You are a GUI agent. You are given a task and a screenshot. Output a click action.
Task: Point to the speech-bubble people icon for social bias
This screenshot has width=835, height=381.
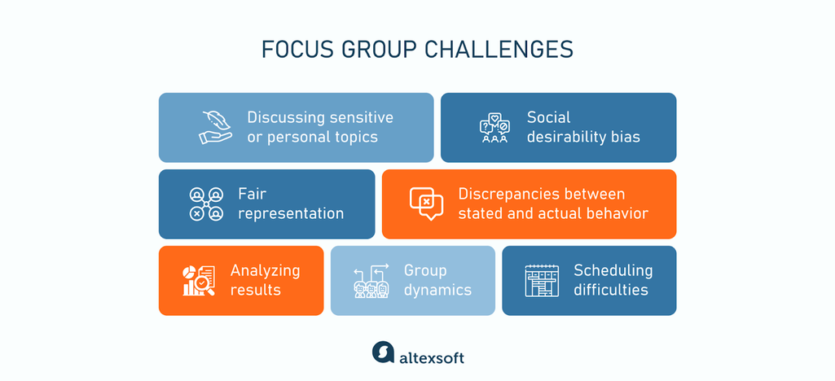(494, 128)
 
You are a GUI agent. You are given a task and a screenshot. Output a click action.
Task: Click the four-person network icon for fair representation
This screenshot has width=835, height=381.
(206, 204)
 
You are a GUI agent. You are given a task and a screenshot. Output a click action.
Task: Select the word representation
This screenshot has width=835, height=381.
(291, 213)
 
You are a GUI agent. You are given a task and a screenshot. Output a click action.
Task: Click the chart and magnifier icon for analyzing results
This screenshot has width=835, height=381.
(198, 281)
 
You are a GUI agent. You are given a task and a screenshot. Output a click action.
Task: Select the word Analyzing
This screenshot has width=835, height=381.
(265, 270)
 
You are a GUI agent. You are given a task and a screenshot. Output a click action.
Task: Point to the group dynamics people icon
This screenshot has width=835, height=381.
(371, 281)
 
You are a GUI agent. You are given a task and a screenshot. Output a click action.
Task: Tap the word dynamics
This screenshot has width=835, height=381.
(437, 290)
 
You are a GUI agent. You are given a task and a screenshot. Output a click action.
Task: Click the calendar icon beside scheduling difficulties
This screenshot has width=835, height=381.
(542, 281)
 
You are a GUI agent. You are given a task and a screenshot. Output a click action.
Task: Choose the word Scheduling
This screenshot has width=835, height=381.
(613, 270)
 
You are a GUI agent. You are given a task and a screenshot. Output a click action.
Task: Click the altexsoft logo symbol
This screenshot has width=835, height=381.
(382, 353)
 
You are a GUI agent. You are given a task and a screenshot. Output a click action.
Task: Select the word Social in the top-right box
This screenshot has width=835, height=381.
(548, 117)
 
